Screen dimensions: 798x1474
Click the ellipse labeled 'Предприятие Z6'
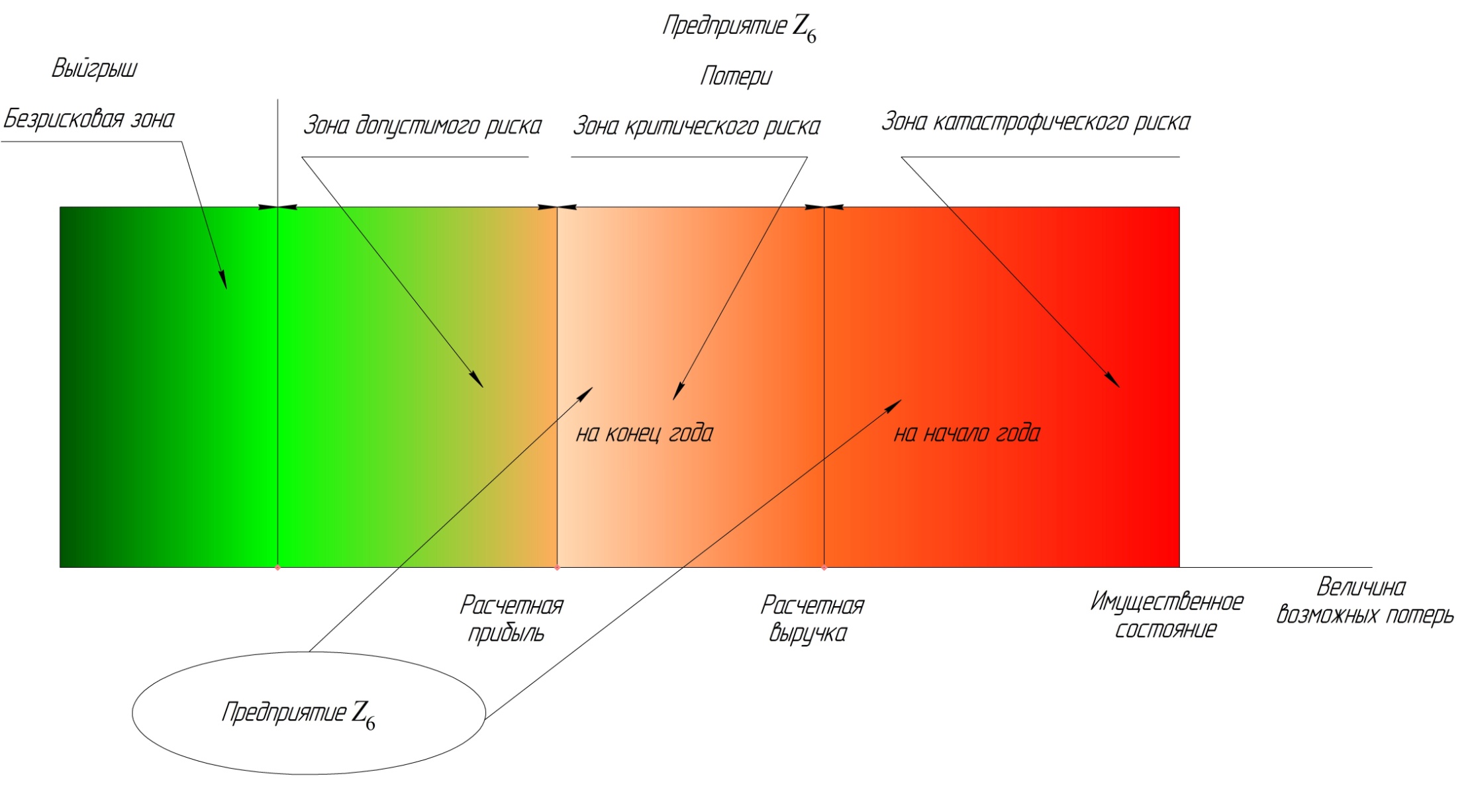(309, 713)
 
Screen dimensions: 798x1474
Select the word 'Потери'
(736, 77)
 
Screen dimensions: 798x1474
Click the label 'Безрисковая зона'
(89, 120)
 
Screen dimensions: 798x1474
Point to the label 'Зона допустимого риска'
(422, 126)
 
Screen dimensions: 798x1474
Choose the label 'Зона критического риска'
(696, 126)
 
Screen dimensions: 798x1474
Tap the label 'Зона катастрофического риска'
(1036, 122)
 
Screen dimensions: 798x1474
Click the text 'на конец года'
(644, 434)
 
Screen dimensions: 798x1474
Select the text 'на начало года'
(967, 434)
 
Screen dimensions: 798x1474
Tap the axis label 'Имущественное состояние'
(1166, 615)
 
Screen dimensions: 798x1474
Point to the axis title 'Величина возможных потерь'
(1364, 601)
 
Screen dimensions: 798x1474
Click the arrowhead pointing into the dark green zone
(224, 281)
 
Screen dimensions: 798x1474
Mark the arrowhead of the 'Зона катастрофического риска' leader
(1113, 380)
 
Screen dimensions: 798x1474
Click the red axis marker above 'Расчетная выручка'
(824, 568)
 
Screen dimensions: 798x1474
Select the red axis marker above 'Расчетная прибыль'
(557, 568)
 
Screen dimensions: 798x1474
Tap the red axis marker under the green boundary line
(277, 568)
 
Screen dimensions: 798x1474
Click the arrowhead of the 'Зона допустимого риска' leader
(477, 380)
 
